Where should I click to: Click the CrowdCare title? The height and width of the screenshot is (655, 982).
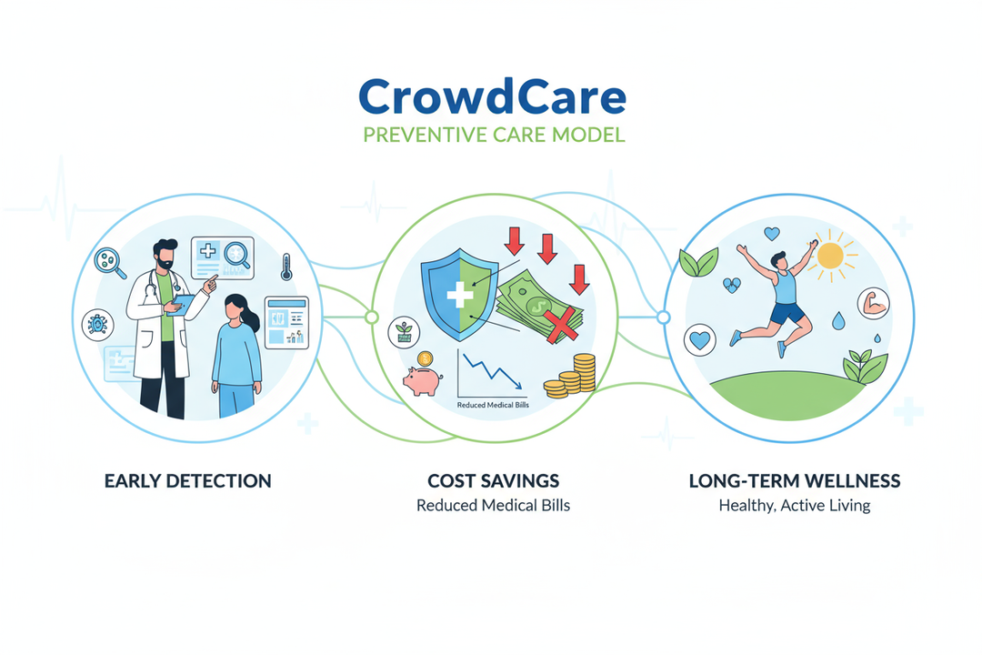click(x=491, y=96)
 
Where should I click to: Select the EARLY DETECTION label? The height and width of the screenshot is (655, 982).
click(x=188, y=480)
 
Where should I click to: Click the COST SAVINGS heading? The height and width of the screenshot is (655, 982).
click(x=493, y=480)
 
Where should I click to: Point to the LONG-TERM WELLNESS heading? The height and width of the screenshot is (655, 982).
click(x=795, y=480)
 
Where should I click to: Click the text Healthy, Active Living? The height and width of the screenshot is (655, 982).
click(x=795, y=505)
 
